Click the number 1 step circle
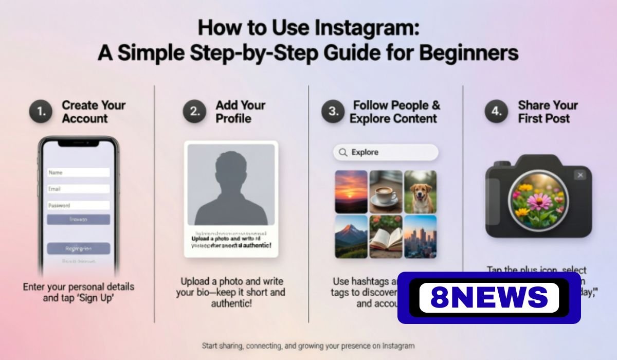coord(41,112)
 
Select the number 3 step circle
coord(333,112)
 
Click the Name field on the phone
coord(78,173)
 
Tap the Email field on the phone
coord(78,189)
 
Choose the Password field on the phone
coord(78,205)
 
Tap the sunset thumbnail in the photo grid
coord(351,192)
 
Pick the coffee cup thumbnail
coord(386,192)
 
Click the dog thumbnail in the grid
coord(420,192)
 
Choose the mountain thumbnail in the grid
coord(351,236)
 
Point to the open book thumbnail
coord(386,236)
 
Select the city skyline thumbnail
coord(420,236)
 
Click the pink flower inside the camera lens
coord(539,199)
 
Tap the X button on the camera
coord(580,175)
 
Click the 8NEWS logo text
coord(489,298)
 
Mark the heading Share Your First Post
coord(548,112)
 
